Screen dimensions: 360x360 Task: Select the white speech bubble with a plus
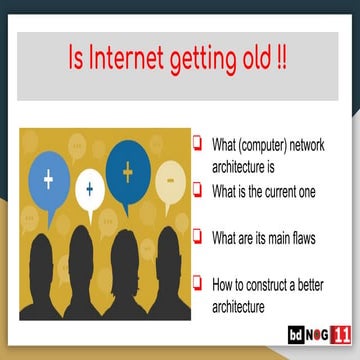coord(89,187)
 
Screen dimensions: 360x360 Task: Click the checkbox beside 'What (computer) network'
coord(198,143)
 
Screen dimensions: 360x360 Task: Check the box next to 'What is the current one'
coord(198,188)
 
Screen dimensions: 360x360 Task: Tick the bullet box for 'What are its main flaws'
coord(198,237)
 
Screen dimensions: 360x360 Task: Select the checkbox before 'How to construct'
coord(198,283)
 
